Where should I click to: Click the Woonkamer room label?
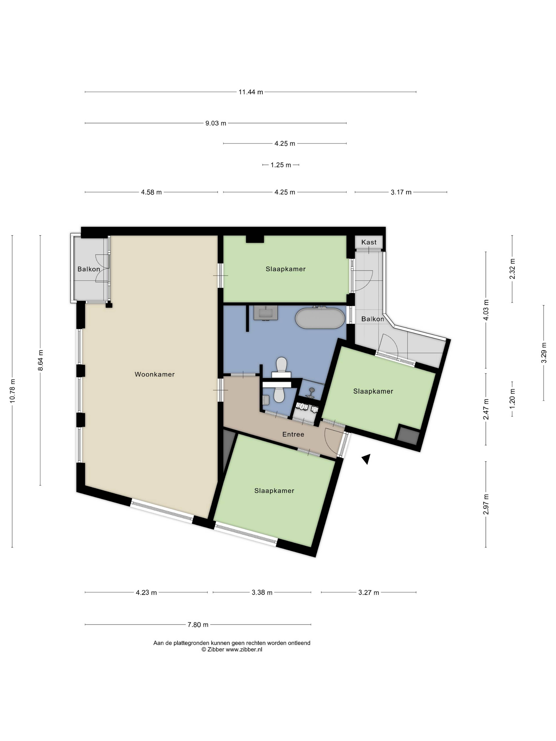click(154, 374)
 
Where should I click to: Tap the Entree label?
click(293, 434)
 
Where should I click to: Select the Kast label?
click(369, 242)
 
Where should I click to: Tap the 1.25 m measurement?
click(281, 165)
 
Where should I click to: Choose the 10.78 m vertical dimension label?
click(12, 391)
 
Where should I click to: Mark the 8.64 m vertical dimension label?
click(41, 360)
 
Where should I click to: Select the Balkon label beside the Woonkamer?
click(89, 269)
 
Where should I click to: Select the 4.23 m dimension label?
click(147, 592)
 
